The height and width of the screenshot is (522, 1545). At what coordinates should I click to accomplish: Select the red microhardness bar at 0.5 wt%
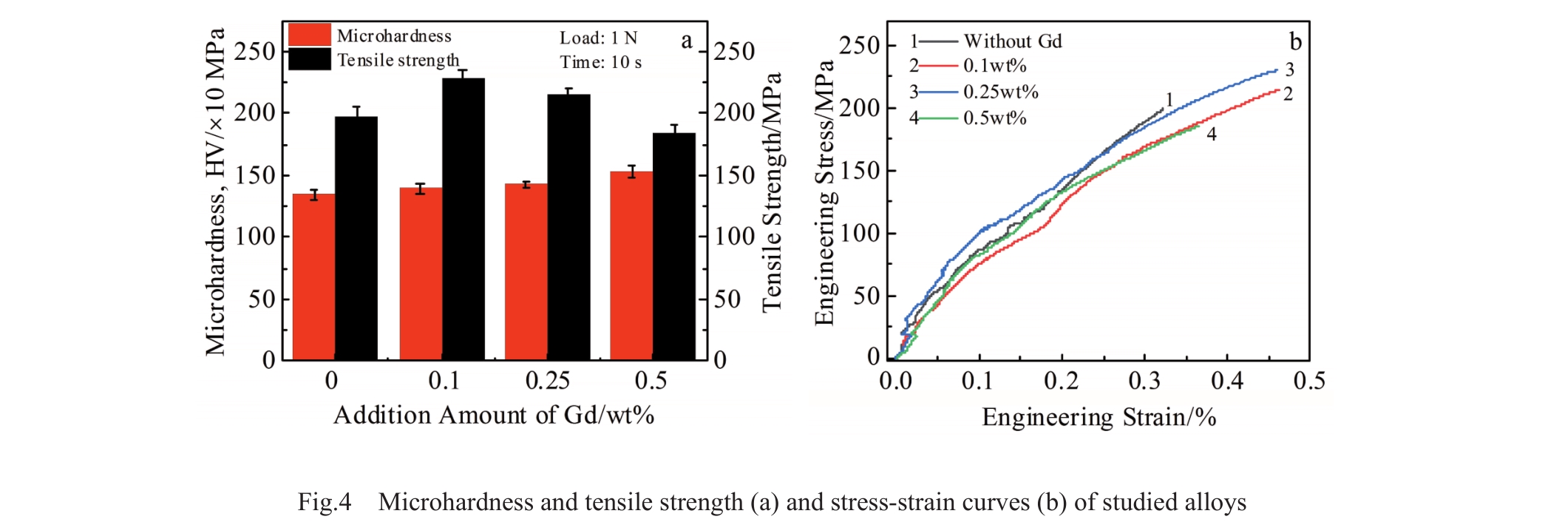point(631,266)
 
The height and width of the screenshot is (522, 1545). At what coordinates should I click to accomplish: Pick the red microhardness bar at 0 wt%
point(313,277)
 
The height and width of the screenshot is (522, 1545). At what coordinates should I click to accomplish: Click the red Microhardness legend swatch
point(309,35)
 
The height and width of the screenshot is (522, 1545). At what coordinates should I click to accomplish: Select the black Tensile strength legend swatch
point(309,59)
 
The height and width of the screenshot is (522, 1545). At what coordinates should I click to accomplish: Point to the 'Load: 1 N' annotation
point(598,38)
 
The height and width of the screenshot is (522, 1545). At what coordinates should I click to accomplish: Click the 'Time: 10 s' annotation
point(600,62)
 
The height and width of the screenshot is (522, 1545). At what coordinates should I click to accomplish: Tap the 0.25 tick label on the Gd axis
point(547,381)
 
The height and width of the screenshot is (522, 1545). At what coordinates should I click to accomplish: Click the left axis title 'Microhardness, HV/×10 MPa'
point(215,192)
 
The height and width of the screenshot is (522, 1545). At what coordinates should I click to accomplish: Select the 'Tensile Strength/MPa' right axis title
point(772,192)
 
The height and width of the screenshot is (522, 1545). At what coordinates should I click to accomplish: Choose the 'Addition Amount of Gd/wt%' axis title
point(494,416)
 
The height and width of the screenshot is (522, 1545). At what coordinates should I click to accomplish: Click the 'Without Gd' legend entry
point(1012,41)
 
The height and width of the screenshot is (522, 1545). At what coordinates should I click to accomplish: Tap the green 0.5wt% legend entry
point(994,118)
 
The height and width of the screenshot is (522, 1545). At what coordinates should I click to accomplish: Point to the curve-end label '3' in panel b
point(1289,70)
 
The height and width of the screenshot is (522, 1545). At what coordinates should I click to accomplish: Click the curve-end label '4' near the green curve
point(1211,134)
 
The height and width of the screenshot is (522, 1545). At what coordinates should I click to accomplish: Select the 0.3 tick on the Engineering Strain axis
point(1144,381)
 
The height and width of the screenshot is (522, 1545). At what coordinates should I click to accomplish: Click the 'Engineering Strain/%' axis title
point(1099,418)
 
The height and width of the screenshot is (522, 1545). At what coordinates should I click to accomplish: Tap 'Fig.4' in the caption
point(325,502)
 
